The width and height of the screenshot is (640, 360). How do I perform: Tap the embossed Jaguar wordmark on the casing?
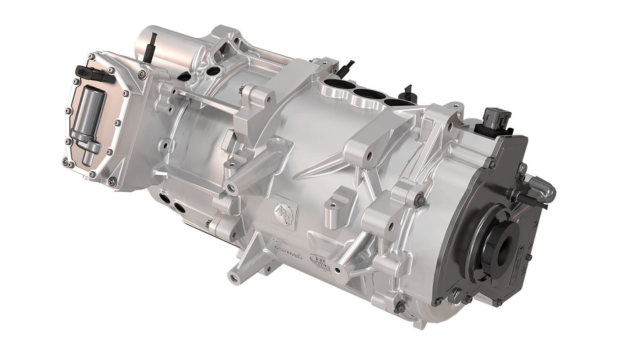(x=287, y=247)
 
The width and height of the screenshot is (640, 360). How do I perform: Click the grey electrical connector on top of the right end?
(x=496, y=118)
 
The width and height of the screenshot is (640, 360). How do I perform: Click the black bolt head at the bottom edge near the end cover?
(x=400, y=308)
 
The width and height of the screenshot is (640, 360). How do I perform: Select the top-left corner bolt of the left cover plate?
(x=91, y=57)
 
